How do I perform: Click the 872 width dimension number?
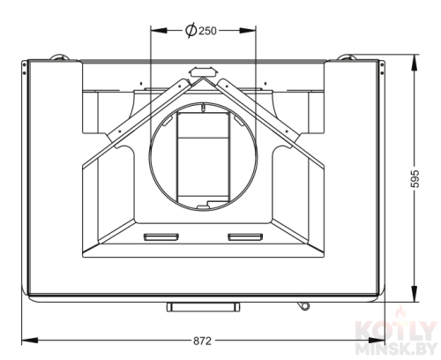pos(202,341)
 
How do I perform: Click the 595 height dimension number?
pos(415,178)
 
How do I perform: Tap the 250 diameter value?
pos(207,31)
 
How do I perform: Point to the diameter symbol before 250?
pos(191,30)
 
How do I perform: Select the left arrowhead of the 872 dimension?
pos(30,341)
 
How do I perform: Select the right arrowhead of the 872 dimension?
pos(377,341)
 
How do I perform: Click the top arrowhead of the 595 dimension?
pos(415,63)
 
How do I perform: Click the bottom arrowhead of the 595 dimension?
pos(415,294)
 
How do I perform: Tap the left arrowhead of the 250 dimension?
pos(159,30)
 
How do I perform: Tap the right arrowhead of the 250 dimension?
pos(248,30)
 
